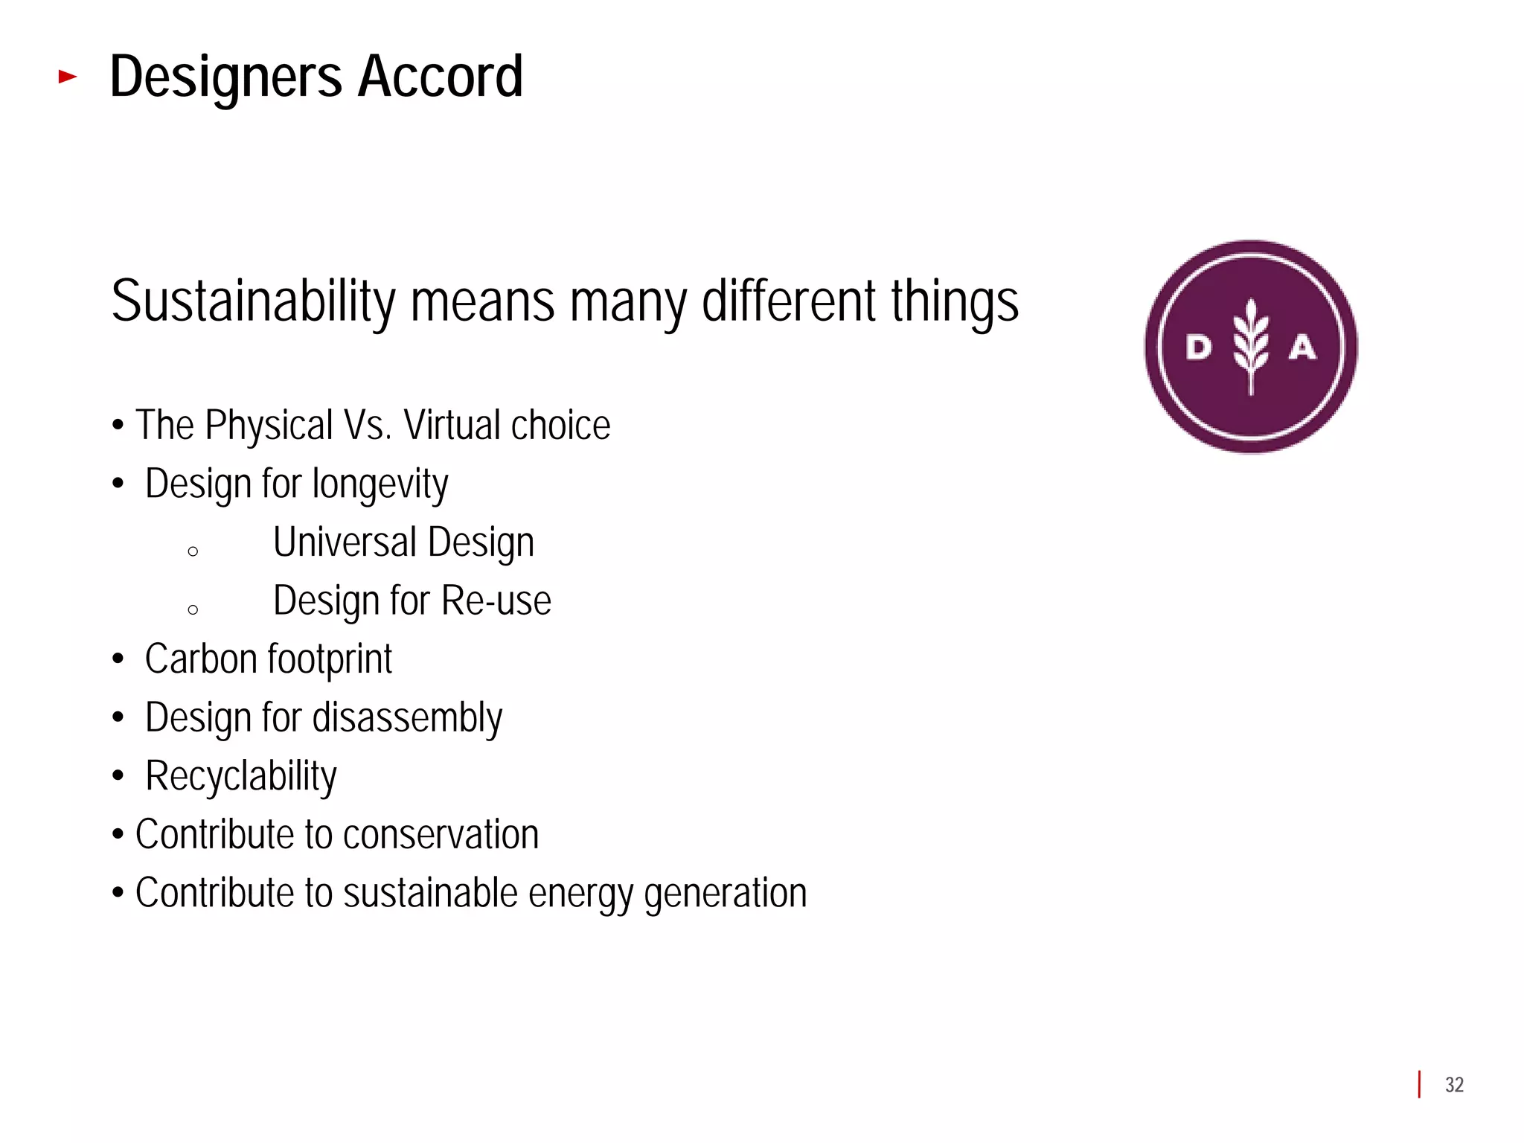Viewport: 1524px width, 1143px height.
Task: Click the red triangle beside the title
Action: click(68, 76)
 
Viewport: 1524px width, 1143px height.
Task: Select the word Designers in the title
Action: click(226, 77)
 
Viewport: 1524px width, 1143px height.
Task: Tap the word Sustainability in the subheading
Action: click(253, 302)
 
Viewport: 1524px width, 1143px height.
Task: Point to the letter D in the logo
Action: click(1199, 347)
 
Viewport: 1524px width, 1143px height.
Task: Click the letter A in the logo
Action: click(1302, 347)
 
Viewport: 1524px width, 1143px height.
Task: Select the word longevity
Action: click(380, 485)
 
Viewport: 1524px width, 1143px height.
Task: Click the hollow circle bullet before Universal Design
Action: click(193, 551)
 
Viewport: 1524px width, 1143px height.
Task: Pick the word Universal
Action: click(345, 542)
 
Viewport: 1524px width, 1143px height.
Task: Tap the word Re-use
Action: click(496, 601)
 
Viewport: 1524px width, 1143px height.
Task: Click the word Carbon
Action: click(201, 659)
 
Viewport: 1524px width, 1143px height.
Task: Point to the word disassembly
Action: click(407, 719)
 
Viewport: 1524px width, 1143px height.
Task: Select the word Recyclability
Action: click(241, 777)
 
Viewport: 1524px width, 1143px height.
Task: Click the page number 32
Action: click(1454, 1085)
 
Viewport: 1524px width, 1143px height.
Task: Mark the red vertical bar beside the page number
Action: click(1419, 1084)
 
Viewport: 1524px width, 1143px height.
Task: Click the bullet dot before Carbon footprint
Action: click(118, 659)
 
